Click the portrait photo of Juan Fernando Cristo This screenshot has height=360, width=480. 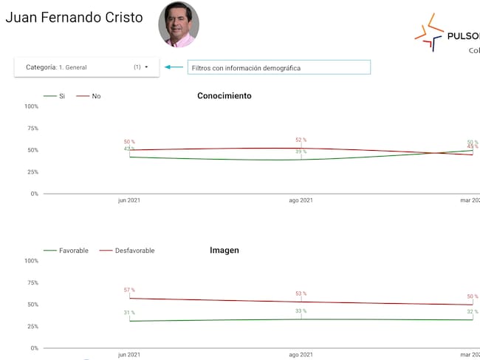point(178,24)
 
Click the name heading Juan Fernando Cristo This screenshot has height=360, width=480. point(74,18)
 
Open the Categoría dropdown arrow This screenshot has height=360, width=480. point(146,67)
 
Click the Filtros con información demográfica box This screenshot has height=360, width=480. point(278,67)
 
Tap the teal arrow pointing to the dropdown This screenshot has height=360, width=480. point(174,67)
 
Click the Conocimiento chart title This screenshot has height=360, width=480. point(224,96)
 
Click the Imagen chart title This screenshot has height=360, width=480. point(224,251)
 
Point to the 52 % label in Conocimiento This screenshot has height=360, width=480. point(301,140)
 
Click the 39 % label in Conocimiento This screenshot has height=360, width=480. point(301,152)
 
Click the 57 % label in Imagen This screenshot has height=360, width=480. point(129,290)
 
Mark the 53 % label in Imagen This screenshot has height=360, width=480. point(301,293)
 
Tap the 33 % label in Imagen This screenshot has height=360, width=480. point(301,311)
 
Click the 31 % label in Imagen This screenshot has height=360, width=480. point(129,313)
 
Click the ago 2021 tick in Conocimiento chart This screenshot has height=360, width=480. point(301,200)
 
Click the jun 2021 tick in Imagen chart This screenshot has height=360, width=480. point(129,355)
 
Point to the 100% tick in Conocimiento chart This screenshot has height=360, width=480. point(31,106)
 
